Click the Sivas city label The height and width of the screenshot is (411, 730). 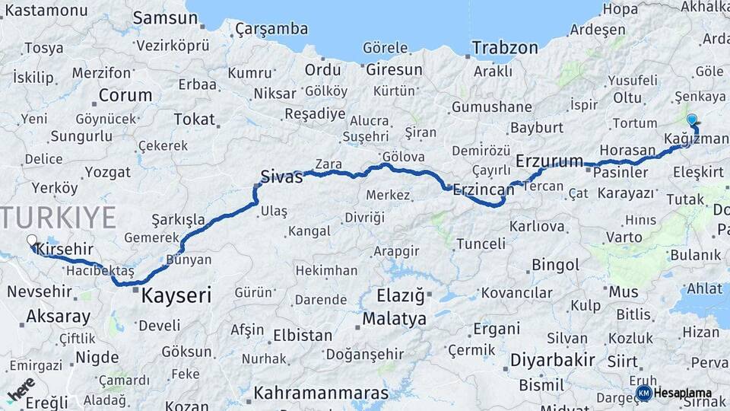point(281,177)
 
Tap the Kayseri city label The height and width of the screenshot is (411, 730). point(176,295)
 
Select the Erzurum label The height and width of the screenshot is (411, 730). point(549,161)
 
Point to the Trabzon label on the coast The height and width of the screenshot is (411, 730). point(504,48)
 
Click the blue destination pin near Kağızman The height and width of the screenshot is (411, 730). point(691,119)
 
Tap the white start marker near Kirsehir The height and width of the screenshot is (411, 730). point(32,241)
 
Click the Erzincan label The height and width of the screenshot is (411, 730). point(483,190)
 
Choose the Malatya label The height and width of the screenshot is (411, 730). point(394,319)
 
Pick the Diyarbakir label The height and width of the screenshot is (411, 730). point(551,359)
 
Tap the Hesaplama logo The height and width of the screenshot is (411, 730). point(674,393)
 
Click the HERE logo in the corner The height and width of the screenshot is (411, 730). point(21,389)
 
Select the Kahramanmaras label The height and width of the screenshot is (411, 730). point(321,393)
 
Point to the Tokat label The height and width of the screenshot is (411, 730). point(194,119)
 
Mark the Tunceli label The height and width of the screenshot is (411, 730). point(481,244)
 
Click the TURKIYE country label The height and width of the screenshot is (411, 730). point(57,217)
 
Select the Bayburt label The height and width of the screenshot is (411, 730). point(536,127)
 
